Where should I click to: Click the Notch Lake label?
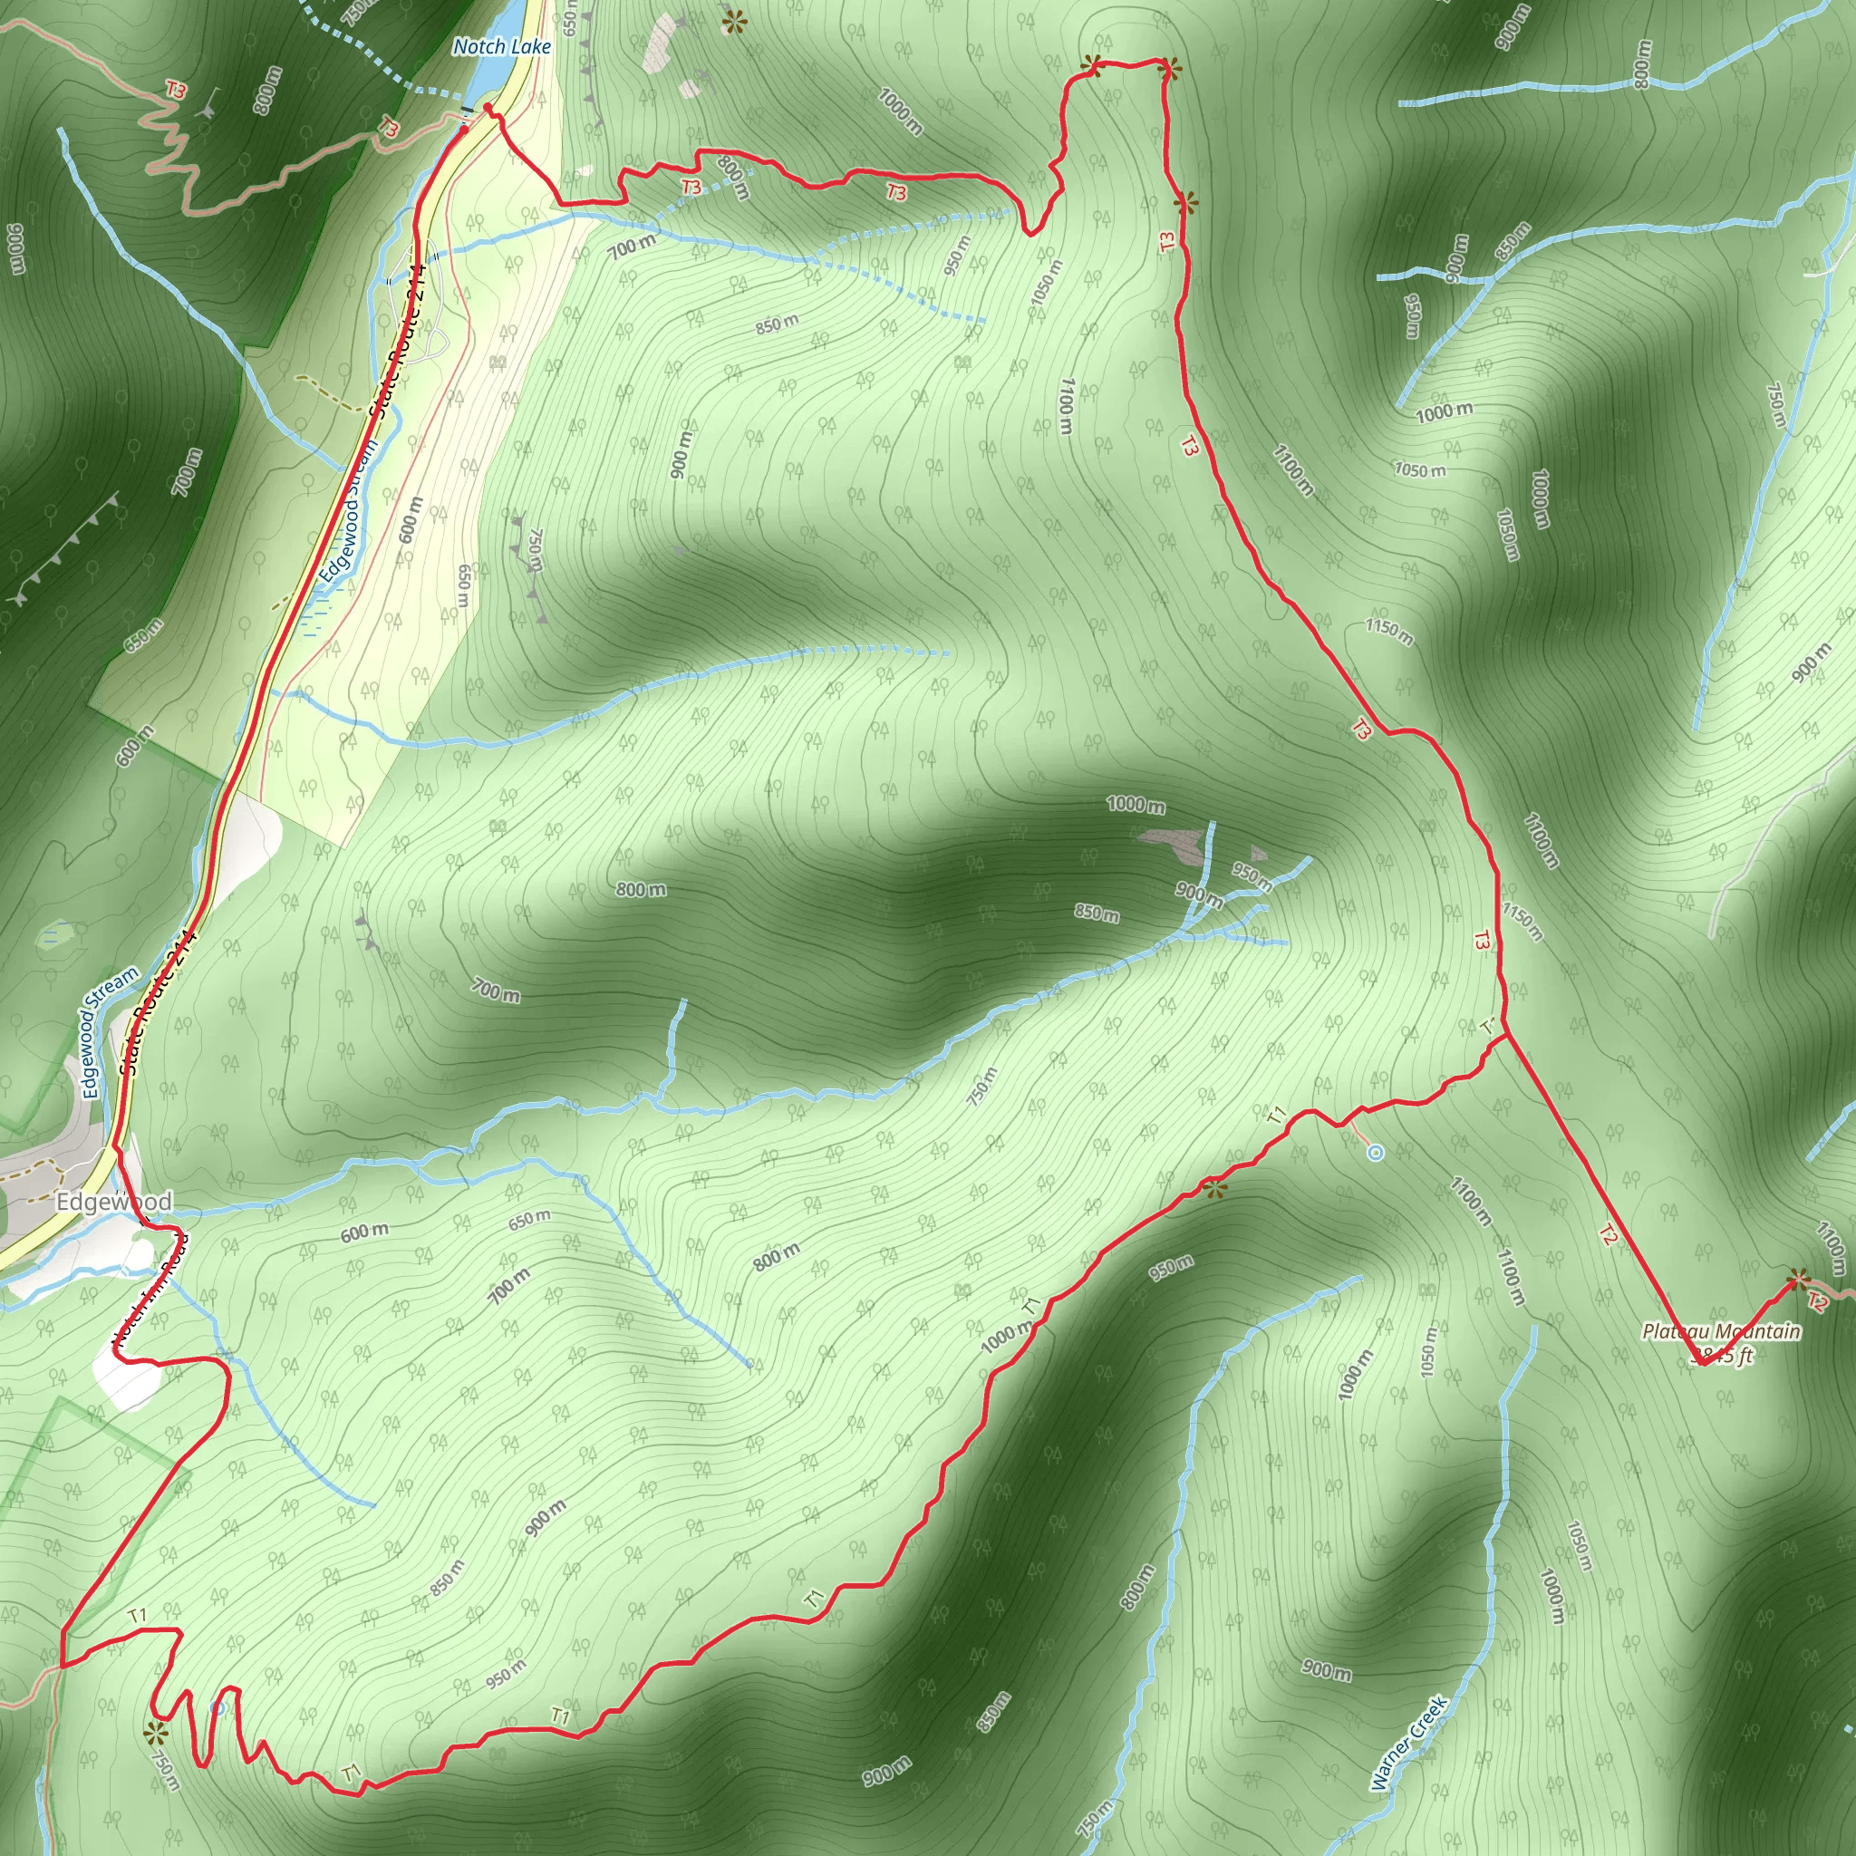(501, 46)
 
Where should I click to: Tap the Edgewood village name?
(113, 1202)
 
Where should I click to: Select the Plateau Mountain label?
(1721, 1330)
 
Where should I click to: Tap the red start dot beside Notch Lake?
(488, 108)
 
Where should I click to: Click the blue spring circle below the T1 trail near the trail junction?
(1376, 1152)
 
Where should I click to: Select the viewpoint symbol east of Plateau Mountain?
(1798, 1279)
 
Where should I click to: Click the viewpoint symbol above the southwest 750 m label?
(155, 1733)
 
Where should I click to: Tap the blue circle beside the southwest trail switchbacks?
(218, 1707)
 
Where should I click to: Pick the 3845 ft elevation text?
(1725, 1356)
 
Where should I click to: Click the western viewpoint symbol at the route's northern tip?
(1091, 65)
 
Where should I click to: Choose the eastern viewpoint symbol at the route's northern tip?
(1168, 68)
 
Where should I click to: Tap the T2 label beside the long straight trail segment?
(1609, 1234)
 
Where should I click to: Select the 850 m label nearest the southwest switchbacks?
(448, 1578)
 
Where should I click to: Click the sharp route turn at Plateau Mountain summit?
(1700, 1362)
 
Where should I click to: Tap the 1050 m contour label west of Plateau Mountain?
(1428, 1350)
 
